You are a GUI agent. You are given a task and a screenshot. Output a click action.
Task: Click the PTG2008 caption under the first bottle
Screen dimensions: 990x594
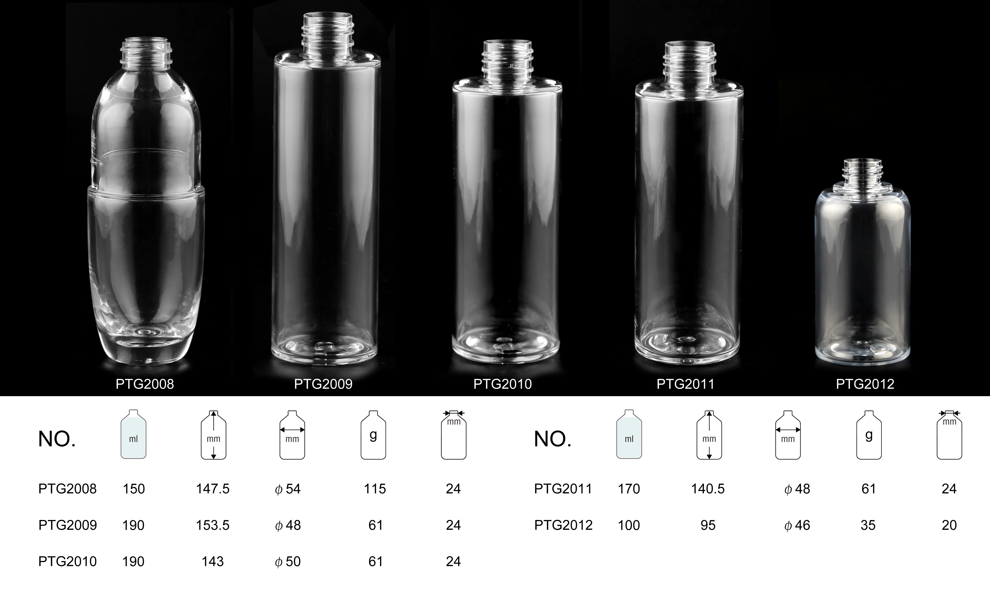pos(145,384)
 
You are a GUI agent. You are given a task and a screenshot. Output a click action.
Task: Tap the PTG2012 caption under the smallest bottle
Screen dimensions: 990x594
pos(865,384)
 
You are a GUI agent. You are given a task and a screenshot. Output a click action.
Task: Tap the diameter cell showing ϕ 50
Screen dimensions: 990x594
pos(288,562)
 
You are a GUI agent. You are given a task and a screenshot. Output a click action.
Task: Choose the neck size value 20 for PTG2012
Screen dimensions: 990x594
pos(949,525)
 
